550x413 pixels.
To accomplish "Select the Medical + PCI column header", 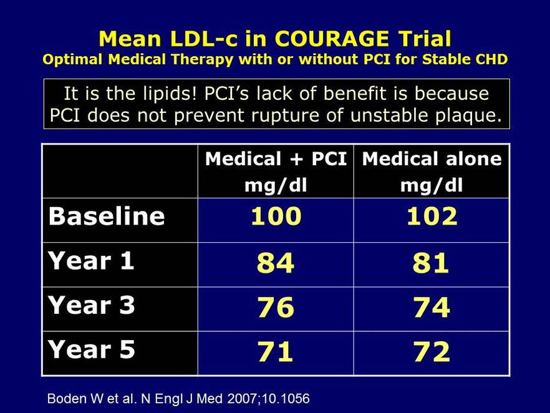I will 276,170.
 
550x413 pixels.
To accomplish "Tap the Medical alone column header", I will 432,170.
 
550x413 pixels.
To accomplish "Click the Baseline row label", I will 107,216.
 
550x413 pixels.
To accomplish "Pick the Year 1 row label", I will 91,261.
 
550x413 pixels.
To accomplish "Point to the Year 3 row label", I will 91,305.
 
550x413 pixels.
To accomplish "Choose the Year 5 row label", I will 91,349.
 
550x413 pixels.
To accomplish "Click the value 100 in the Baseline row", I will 276,216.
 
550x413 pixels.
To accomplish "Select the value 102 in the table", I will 432,216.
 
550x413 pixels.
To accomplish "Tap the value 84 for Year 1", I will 276,263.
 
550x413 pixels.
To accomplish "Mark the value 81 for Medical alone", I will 432,263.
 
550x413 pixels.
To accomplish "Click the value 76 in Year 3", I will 276,308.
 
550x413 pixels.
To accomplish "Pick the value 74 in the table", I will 432,308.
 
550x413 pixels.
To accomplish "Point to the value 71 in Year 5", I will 276,352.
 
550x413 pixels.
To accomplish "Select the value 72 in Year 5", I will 432,352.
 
